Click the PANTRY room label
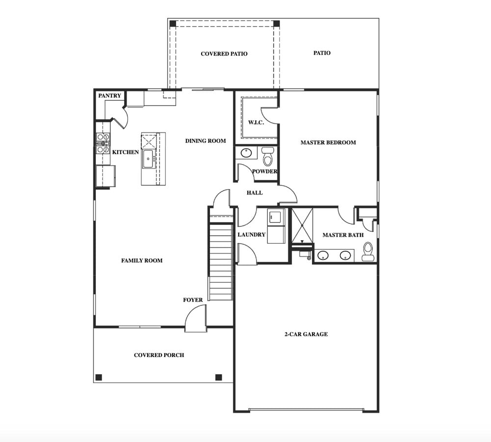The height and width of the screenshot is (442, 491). pyautogui.click(x=109, y=96)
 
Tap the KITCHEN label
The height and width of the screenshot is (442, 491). pyautogui.click(x=125, y=152)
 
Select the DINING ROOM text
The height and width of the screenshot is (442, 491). pyautogui.click(x=206, y=141)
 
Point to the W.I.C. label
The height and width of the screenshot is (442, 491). pyautogui.click(x=256, y=122)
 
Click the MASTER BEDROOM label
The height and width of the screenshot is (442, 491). pyautogui.click(x=328, y=142)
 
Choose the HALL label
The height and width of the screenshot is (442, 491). pyautogui.click(x=255, y=193)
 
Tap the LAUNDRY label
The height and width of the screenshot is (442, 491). pyautogui.click(x=252, y=234)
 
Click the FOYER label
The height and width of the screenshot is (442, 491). pyautogui.click(x=193, y=300)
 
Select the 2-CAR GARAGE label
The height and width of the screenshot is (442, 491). pyautogui.click(x=306, y=334)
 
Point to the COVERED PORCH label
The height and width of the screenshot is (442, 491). pyautogui.click(x=159, y=355)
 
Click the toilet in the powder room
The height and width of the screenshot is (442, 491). pyautogui.click(x=267, y=157)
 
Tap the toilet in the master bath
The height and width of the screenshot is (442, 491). pyautogui.click(x=368, y=251)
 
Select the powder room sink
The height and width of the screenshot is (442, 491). pyautogui.click(x=246, y=153)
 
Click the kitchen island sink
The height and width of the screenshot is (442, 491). pyautogui.click(x=148, y=159)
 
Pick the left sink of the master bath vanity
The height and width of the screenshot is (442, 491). pyautogui.click(x=323, y=256)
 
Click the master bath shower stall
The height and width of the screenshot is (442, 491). pyautogui.click(x=302, y=226)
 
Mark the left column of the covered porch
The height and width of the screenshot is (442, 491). pyautogui.click(x=99, y=377)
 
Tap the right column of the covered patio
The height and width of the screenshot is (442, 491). pyautogui.click(x=277, y=24)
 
